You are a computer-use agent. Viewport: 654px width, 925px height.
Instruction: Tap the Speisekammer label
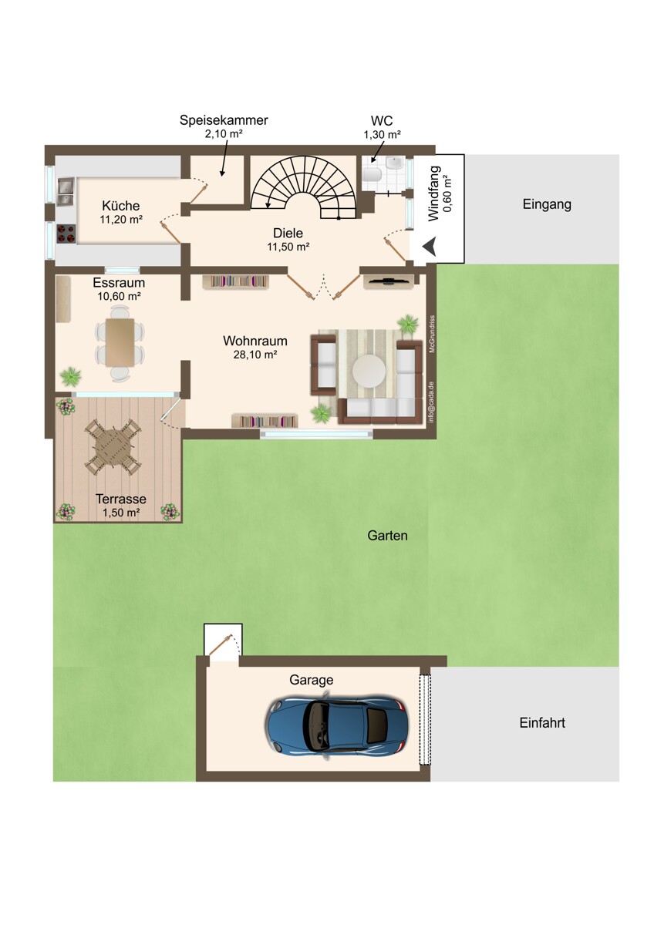224,120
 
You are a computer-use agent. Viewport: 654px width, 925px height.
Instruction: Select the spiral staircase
305,188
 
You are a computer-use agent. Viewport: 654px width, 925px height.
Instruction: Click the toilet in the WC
373,175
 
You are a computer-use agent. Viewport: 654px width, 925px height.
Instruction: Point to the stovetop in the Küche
66,234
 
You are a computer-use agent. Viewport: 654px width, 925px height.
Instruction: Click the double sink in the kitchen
66,191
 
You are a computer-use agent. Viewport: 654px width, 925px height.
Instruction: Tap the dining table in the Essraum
120,342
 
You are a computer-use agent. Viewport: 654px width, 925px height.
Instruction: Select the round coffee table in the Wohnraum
369,371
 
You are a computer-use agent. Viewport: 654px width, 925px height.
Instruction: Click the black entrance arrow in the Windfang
430,247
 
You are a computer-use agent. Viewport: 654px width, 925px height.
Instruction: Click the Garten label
387,535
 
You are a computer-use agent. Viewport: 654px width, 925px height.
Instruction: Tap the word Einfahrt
542,722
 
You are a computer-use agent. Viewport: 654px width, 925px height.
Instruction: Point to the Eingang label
547,204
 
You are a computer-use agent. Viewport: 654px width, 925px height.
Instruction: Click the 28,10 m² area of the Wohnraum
255,354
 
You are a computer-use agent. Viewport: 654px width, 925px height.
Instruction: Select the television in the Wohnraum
389,281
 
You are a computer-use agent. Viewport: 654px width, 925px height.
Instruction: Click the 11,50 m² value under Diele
288,247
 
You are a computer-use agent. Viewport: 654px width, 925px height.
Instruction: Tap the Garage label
311,680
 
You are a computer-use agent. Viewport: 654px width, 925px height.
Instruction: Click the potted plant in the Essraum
71,376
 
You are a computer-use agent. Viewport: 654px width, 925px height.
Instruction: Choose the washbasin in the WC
393,163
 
